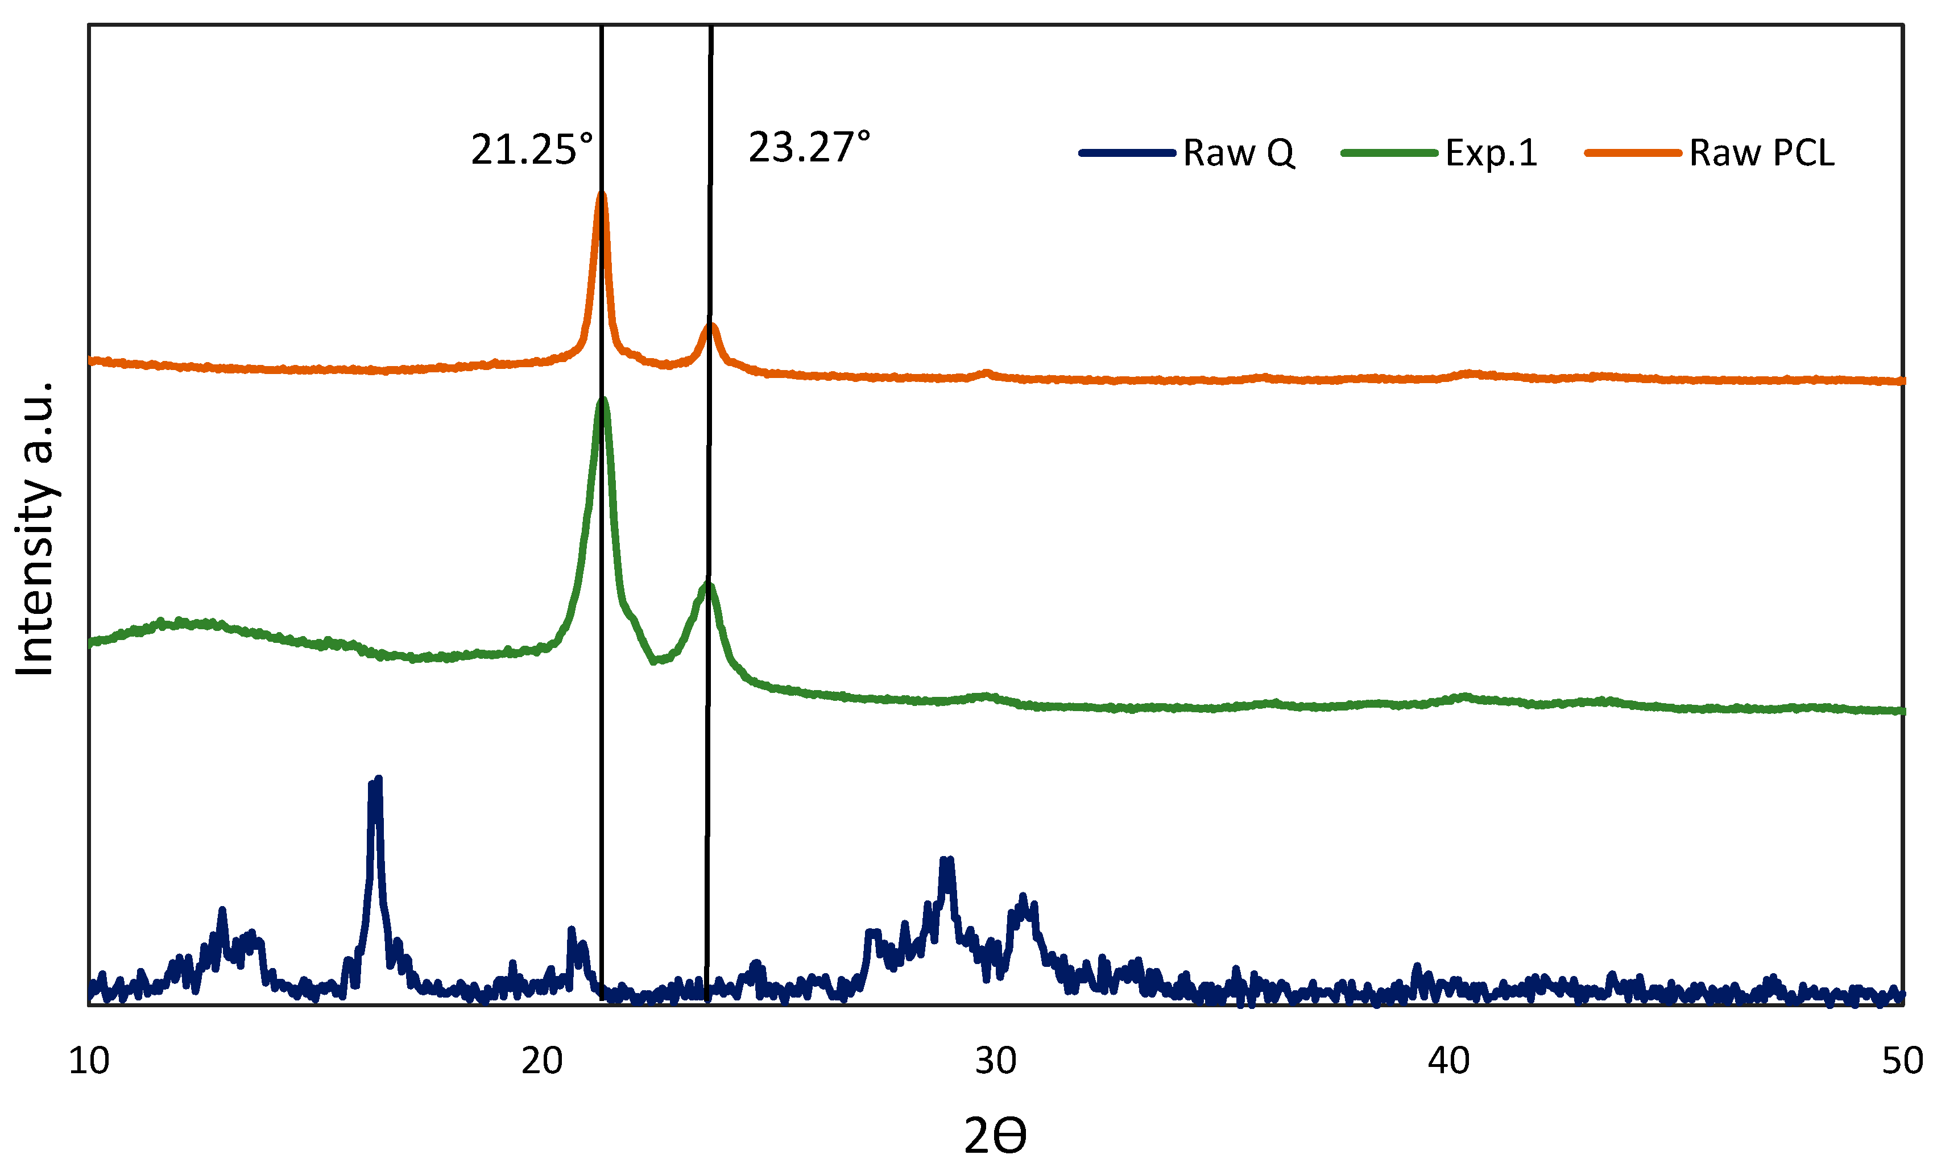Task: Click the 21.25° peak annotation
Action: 532,149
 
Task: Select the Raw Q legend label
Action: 1239,153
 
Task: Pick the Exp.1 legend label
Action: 1491,153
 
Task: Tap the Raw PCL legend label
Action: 1761,153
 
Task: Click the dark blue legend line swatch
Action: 1127,153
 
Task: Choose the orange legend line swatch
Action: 1633,153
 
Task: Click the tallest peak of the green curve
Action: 603,401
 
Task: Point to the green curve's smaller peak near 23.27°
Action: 708,585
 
